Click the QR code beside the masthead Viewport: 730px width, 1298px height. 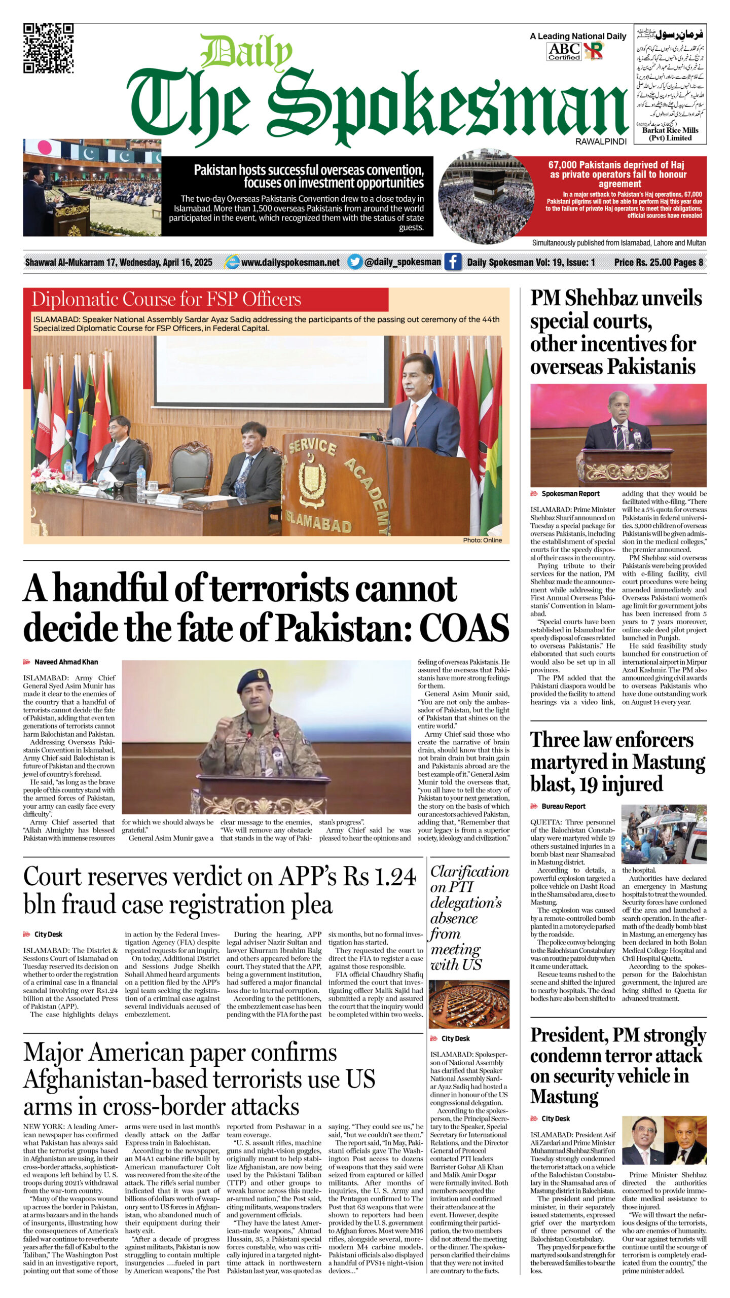pos(48,48)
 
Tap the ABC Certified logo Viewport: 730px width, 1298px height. pos(564,51)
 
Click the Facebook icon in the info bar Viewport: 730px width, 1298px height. pos(453,262)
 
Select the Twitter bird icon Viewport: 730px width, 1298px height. pos(355,262)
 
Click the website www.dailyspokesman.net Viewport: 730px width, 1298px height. pos(290,262)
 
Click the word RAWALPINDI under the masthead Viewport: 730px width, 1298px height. pos(601,141)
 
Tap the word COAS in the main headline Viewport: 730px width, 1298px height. pos(464,628)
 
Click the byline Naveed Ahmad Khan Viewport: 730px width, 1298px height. pos(66,662)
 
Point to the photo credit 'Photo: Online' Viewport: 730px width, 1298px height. pos(482,540)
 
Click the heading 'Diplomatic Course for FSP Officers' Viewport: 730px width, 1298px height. pos(166,299)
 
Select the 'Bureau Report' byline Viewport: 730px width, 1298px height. pos(563,806)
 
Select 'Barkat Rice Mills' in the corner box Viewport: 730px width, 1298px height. pos(670,130)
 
